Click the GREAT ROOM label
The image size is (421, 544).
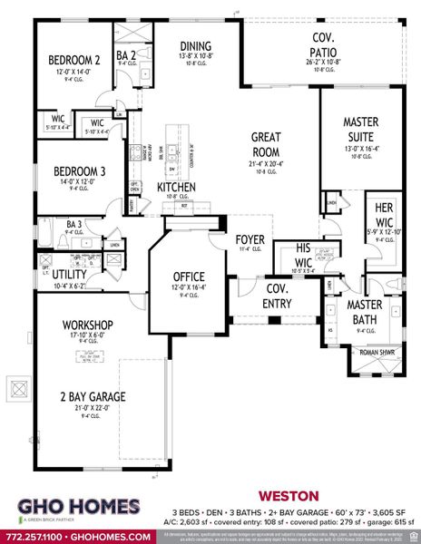[271, 147]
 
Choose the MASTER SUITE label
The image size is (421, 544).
[367, 129]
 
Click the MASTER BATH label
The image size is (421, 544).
[365, 311]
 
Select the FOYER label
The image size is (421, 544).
[250, 240]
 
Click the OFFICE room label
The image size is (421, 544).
[190, 277]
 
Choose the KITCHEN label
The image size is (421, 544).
[176, 187]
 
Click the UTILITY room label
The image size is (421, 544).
[69, 274]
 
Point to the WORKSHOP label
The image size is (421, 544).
[87, 325]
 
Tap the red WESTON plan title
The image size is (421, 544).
[289, 496]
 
